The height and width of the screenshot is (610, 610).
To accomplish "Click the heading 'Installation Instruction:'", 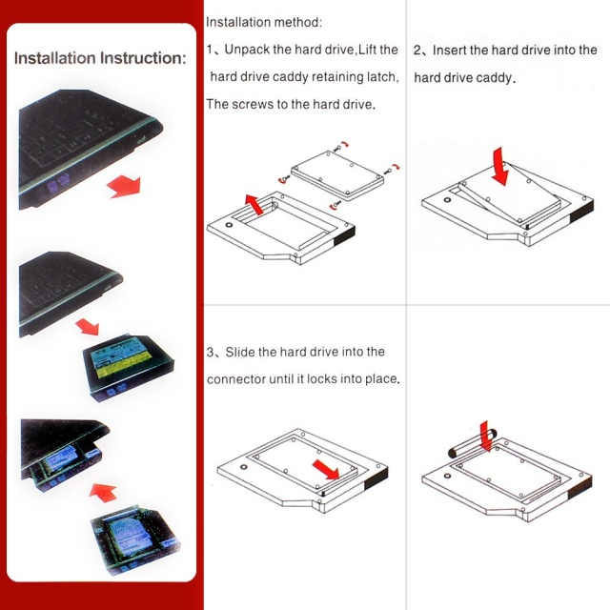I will point(100,58).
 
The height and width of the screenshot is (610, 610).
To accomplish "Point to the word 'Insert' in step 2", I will point(450,50).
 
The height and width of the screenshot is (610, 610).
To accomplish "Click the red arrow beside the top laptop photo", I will point(124,183).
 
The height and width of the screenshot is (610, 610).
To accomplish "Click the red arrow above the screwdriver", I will point(486,433).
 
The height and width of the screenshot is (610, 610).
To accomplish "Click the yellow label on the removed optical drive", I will point(122,359).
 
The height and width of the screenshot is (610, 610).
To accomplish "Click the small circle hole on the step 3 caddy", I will point(245,468).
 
